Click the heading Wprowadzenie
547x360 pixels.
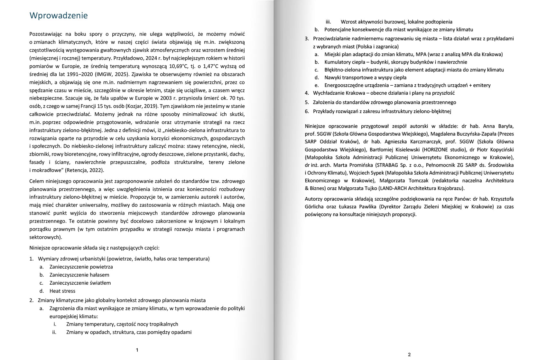click(58, 15)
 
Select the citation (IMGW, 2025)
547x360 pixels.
click(101, 74)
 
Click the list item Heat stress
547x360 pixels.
click(62, 291)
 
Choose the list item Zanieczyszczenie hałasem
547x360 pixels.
click(79, 275)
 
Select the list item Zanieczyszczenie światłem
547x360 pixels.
click(80, 283)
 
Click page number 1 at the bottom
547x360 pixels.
click(137, 350)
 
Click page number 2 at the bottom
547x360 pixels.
click(409, 355)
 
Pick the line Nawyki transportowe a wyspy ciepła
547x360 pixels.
click(365, 77)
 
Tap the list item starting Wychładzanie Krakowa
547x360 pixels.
click(384, 93)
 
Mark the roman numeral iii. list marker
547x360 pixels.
click(328, 22)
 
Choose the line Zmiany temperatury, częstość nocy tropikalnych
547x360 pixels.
click(122, 324)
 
